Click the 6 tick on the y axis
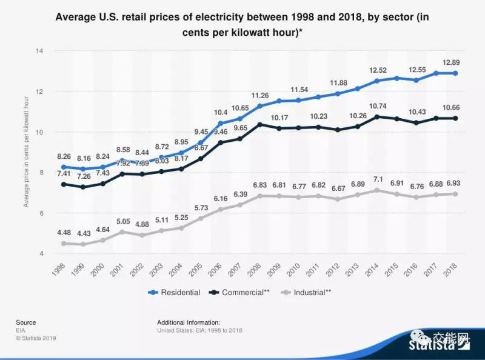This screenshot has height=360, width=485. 41,213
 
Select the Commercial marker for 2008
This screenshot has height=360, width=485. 260,125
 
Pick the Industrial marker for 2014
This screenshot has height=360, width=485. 377,190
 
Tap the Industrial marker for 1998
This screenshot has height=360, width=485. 63,243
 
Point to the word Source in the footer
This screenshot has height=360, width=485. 26,322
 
